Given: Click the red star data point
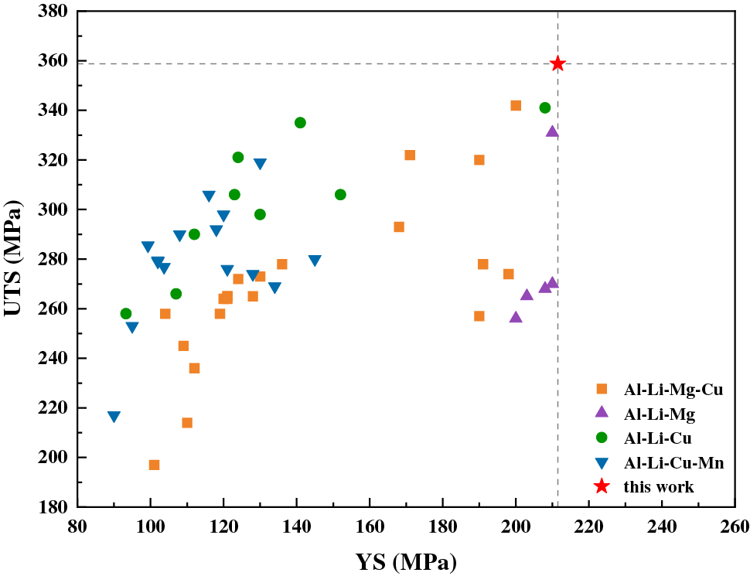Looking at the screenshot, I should [x=557, y=63].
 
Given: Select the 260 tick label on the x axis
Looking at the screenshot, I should [x=734, y=527].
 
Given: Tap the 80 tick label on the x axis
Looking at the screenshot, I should [x=77, y=527].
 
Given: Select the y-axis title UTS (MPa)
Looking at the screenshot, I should [x=15, y=260].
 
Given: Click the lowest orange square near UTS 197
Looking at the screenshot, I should [x=154, y=465].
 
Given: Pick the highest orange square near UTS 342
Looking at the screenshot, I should [x=516, y=105].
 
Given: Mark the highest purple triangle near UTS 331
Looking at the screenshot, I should [x=552, y=131].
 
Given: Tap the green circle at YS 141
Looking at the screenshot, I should [x=300, y=123].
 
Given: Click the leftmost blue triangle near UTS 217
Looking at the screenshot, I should [x=114, y=417].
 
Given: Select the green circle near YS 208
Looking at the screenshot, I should [x=545, y=107].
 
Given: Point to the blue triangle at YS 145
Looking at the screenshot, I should [x=315, y=261].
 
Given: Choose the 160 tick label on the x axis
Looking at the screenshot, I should [x=370, y=527].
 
